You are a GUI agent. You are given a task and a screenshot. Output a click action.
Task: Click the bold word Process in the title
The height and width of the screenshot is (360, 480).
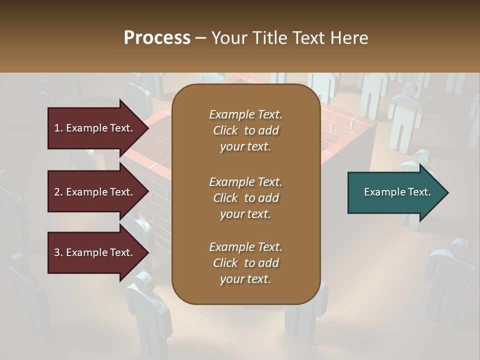[x=157, y=37]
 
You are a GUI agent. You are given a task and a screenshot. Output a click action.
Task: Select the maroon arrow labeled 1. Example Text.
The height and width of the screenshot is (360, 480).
[x=95, y=128]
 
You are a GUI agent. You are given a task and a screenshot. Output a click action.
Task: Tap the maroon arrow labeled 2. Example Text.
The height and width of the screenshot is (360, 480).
[x=95, y=192]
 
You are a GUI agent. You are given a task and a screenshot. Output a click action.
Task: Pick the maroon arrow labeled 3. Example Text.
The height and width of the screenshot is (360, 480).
[x=95, y=252]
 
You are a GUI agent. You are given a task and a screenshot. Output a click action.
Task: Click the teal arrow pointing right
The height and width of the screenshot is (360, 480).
[x=395, y=192]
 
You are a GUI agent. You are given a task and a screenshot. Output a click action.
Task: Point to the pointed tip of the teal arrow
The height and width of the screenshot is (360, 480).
[x=447, y=192]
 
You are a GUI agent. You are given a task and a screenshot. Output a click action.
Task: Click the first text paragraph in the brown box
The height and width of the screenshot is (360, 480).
[x=245, y=130]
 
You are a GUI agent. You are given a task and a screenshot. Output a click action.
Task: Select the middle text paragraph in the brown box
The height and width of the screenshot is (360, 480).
[x=245, y=197]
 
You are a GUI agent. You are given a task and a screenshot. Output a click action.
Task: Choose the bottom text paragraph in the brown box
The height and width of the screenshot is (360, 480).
[x=245, y=263]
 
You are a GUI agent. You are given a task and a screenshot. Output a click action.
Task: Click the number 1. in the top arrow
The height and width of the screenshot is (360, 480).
[x=58, y=128]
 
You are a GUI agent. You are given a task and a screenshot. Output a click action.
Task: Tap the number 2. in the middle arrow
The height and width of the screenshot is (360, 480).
[x=58, y=192]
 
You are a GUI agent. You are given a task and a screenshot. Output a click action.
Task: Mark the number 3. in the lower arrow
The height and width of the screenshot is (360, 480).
[x=58, y=252]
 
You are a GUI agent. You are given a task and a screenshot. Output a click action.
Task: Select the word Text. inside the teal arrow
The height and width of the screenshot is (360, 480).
[x=419, y=192]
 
